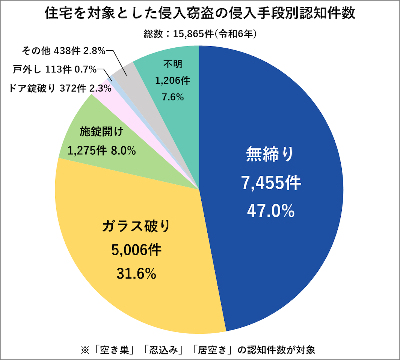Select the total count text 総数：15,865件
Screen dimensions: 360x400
tap(200, 34)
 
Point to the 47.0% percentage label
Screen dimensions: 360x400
tap(270, 211)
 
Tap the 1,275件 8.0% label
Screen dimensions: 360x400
tap(101, 151)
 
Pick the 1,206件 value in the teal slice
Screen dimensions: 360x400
tap(173, 80)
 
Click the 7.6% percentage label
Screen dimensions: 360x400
tap(173, 97)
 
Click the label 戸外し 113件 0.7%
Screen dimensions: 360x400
tap(55, 69)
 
